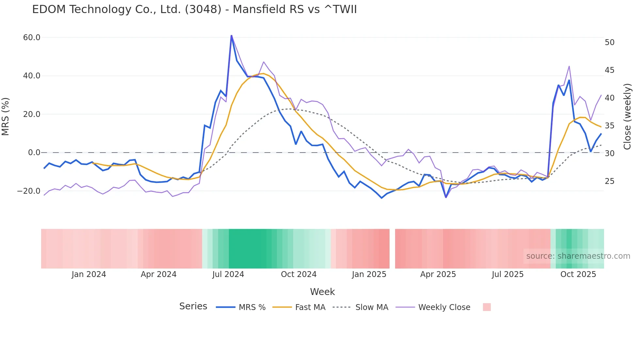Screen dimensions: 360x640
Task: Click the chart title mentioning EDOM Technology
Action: (194, 9)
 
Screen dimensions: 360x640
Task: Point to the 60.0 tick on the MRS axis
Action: (32, 38)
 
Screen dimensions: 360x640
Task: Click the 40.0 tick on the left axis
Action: (32, 76)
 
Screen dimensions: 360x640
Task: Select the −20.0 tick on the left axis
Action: (29, 191)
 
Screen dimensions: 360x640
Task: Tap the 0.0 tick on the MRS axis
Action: (34, 153)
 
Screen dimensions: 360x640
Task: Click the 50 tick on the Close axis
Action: (610, 42)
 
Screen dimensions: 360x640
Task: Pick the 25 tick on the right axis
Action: (610, 181)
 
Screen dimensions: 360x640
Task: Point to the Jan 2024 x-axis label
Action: (89, 274)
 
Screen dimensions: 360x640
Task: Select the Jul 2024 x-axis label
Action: (228, 274)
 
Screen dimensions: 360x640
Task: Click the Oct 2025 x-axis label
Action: (578, 274)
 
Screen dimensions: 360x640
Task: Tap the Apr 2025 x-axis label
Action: (438, 274)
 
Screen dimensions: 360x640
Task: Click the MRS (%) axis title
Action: (6, 116)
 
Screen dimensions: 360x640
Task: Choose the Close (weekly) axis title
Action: (627, 117)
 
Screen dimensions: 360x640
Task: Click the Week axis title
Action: (322, 292)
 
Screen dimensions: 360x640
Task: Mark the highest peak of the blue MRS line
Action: (232, 36)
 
